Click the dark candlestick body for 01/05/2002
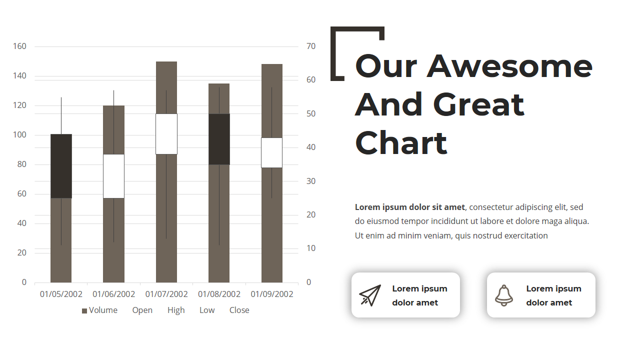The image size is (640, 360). (61, 166)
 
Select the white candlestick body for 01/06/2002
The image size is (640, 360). (113, 176)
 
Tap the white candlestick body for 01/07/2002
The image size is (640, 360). (166, 134)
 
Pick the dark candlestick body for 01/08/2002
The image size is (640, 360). (219, 139)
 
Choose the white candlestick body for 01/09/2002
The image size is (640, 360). (271, 153)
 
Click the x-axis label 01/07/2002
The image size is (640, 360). (166, 294)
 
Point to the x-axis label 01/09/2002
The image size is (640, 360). (272, 294)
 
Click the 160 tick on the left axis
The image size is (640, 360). (19, 46)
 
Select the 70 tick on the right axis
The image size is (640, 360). (311, 46)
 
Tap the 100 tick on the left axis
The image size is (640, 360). (19, 135)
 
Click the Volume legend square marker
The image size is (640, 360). (84, 311)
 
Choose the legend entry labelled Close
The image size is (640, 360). (239, 310)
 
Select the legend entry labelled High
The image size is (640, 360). (176, 310)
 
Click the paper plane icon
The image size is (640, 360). (370, 295)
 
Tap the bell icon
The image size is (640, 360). (504, 295)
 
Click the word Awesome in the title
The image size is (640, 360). (509, 66)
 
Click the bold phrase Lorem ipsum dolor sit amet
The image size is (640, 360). (410, 207)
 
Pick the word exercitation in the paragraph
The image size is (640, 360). (526, 235)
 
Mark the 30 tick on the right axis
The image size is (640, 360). (311, 181)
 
